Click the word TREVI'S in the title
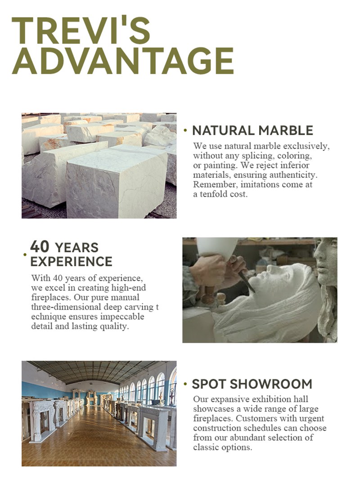pyautogui.click(x=81, y=30)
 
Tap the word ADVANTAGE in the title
pyautogui.click(x=123, y=61)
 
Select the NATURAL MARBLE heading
pyautogui.click(x=252, y=131)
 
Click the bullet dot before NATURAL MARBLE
pyautogui.click(x=185, y=130)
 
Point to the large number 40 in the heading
pyautogui.click(x=40, y=246)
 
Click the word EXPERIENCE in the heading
pyautogui.click(x=71, y=262)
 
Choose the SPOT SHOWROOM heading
pyautogui.click(x=252, y=384)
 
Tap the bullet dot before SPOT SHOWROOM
pyautogui.click(x=185, y=384)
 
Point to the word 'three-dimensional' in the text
pyautogui.click(x=66, y=307)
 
